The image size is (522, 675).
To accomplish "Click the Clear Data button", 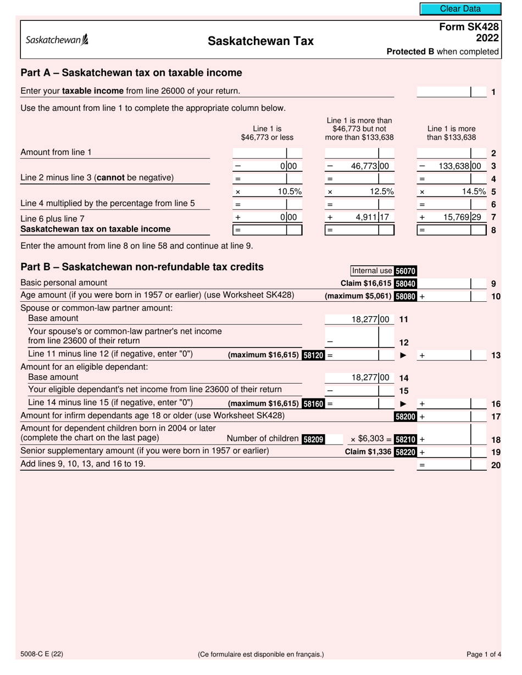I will point(460,9).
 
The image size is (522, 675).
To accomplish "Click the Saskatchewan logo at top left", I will point(57,40).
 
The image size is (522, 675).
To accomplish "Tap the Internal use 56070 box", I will point(384,271).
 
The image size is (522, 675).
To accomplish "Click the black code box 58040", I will point(405,284).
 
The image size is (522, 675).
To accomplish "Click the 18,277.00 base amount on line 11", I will point(370,319).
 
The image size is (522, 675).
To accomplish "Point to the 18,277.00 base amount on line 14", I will point(370,378).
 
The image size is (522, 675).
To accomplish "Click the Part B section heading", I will point(142,267).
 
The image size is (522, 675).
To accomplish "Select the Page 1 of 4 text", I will point(484,654).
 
